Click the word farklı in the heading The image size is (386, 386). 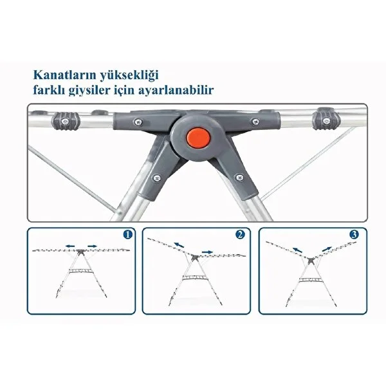[49, 90]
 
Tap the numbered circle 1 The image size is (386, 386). [128, 235]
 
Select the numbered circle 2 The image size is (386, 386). [240, 235]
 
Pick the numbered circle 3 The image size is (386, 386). [354, 235]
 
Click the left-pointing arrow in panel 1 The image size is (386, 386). [70, 246]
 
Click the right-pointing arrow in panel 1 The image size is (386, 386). [93, 246]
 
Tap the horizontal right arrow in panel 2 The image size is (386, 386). [207, 252]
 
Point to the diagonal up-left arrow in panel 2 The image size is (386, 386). [179, 245]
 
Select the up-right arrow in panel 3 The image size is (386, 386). [326, 249]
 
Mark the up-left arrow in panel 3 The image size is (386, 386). [298, 250]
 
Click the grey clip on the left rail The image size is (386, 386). [66, 121]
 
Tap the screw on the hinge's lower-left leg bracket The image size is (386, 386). [156, 178]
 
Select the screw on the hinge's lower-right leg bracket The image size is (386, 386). [239, 177]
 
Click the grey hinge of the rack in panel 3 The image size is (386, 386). [311, 261]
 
